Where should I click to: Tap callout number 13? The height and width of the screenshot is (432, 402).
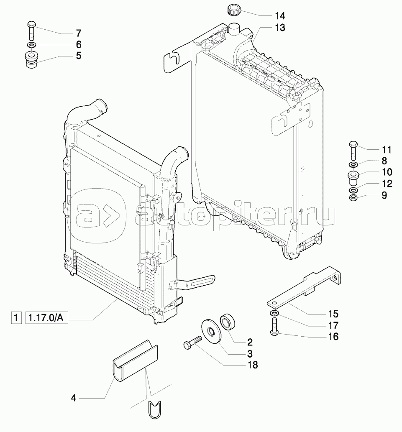[280, 28]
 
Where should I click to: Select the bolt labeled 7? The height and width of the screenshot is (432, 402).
[31, 31]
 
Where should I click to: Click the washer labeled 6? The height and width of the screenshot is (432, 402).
[31, 45]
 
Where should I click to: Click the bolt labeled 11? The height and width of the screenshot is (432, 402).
[353, 151]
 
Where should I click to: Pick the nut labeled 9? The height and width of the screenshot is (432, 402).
[353, 197]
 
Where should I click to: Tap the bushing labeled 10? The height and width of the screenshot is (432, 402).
[353, 178]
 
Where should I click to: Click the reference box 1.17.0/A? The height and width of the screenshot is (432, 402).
[46, 318]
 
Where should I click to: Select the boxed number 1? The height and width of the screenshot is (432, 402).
[16, 318]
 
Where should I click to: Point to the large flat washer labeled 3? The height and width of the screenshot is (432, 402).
[211, 331]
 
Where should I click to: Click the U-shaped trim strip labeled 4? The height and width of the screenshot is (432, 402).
[135, 361]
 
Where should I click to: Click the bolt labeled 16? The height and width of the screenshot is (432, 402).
[275, 327]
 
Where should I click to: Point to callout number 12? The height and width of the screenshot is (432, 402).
[387, 184]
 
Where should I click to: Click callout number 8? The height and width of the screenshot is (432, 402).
[384, 161]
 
